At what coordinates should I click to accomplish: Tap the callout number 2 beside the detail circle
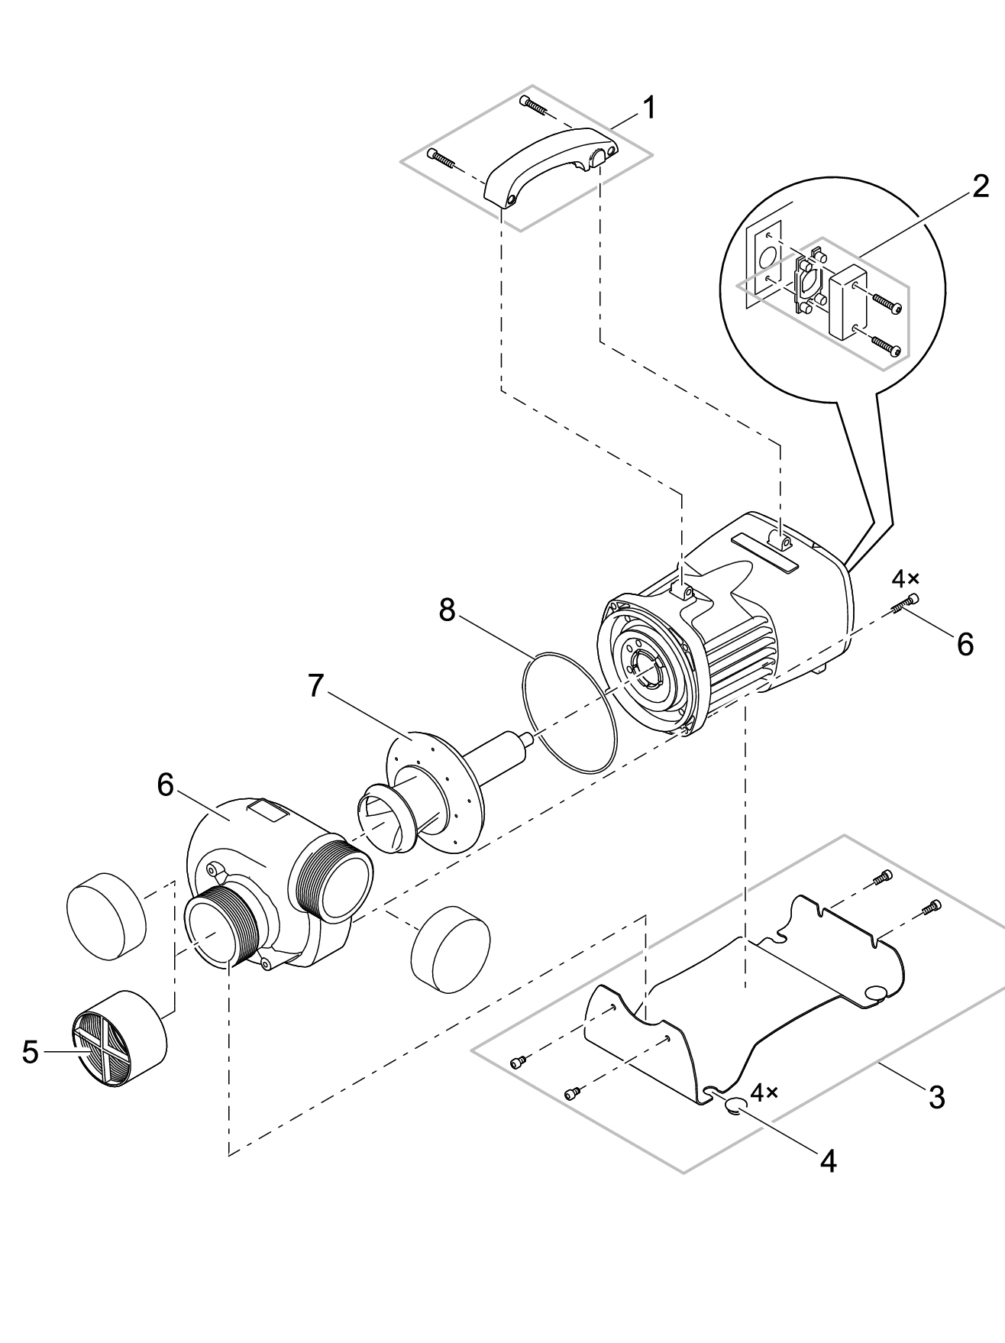pos(981,186)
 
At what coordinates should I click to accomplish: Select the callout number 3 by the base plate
pos(936,1098)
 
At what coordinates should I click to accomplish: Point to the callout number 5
pos(30,1052)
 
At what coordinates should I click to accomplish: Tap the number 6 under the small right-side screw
pos(965,644)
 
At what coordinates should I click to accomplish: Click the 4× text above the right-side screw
pos(906,577)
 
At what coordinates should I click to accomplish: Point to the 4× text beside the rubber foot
pos(764,1092)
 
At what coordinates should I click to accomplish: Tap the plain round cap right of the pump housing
pos(451,950)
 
